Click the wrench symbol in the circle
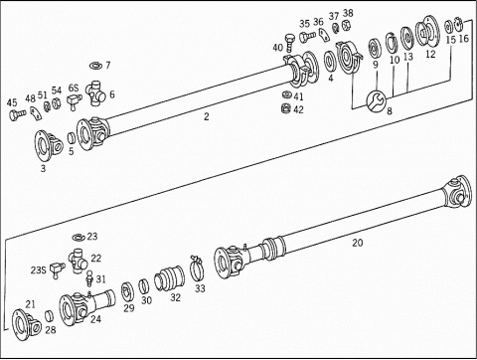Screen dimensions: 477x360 click(x=376, y=100)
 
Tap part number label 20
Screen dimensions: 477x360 click(x=358, y=243)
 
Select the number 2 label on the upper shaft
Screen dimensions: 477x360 click(x=207, y=116)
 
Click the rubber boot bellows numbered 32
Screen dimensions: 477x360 click(x=170, y=278)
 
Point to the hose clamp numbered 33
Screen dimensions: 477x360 click(x=197, y=268)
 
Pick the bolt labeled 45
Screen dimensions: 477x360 click(x=17, y=114)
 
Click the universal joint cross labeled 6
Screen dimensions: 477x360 click(x=95, y=93)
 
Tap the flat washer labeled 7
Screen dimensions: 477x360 click(x=96, y=66)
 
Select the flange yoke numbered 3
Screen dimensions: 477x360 click(x=49, y=146)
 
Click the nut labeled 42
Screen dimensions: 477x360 click(x=285, y=108)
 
